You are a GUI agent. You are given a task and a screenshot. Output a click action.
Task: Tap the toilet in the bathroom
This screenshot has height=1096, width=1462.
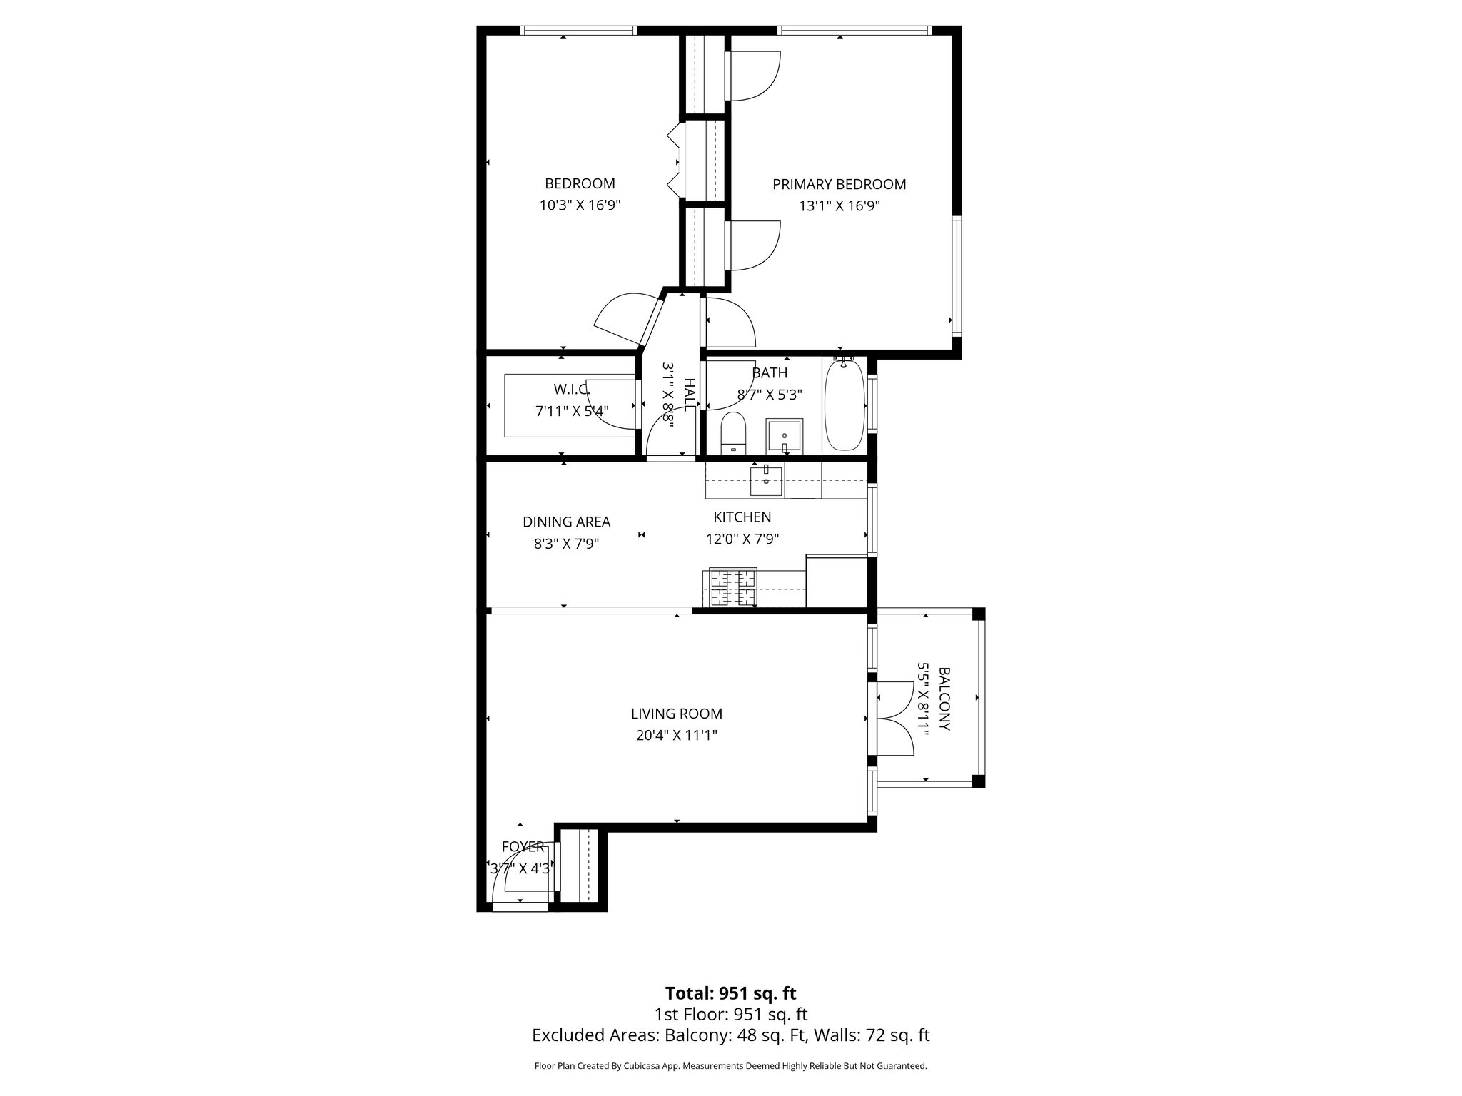tap(733, 434)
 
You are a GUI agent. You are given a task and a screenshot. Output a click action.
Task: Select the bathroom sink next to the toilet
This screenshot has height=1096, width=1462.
tap(785, 435)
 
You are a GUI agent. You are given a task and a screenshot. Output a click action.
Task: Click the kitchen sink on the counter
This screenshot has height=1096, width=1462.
tap(766, 479)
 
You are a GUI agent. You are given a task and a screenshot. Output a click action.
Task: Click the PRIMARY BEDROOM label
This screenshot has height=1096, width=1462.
tap(839, 184)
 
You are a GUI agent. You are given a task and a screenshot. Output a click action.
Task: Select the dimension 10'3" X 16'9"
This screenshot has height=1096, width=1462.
tap(580, 205)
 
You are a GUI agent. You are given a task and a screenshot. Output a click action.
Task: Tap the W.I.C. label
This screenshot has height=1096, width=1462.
tap(572, 389)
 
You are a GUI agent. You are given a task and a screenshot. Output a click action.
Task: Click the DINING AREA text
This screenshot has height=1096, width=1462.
tap(566, 522)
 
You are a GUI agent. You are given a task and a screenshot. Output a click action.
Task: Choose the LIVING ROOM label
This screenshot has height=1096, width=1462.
tap(676, 714)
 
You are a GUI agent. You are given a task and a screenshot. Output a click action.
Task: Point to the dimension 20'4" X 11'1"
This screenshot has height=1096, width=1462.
tap(676, 735)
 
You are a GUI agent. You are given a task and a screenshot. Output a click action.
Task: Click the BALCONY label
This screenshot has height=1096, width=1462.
tap(944, 699)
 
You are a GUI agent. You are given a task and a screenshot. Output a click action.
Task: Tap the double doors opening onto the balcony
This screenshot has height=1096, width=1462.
tap(892, 719)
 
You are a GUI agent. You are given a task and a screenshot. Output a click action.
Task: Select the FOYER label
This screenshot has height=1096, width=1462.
tap(523, 846)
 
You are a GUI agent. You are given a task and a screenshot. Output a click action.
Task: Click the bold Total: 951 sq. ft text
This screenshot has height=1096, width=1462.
tap(730, 993)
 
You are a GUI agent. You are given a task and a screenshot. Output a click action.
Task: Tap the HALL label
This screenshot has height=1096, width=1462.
tap(690, 394)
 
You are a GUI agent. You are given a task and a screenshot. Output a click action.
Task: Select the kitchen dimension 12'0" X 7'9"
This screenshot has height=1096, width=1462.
tap(742, 539)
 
